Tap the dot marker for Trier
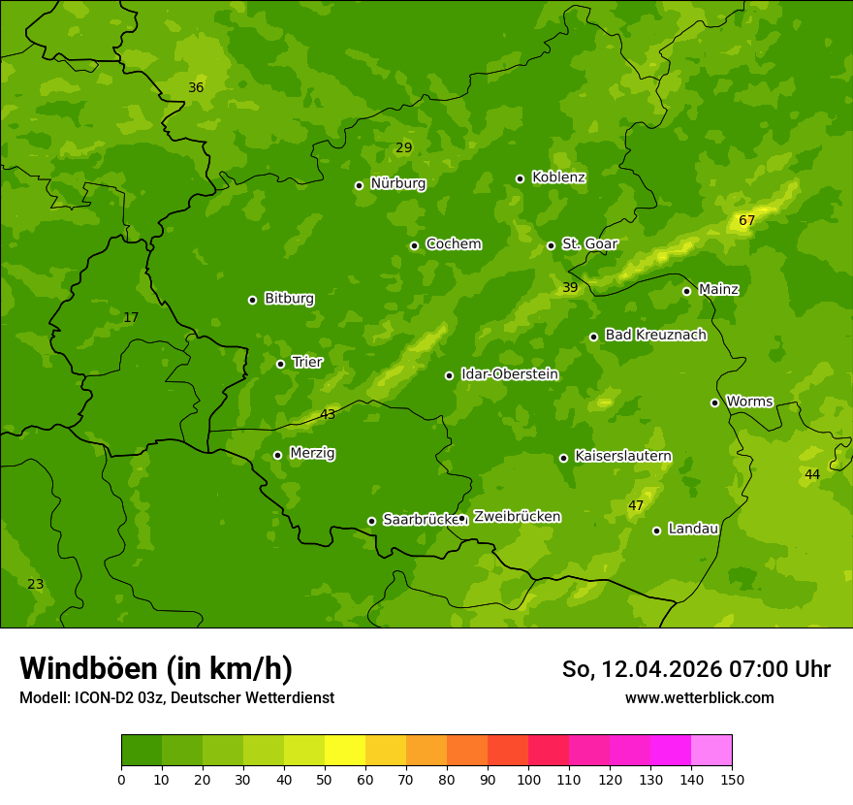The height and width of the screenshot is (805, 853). [280, 364]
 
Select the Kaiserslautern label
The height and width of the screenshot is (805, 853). [622, 456]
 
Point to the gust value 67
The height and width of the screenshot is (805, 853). [746, 220]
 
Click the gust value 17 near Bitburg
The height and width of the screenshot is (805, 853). [131, 317]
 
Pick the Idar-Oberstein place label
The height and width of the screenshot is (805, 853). [509, 374]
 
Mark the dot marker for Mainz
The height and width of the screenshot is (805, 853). [686, 291]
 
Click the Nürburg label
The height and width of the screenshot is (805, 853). [397, 183]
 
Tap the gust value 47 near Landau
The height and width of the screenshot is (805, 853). [636, 505]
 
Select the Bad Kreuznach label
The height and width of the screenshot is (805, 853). [655, 335]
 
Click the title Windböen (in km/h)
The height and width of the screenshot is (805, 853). [156, 668]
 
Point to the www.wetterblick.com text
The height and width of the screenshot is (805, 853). [699, 697]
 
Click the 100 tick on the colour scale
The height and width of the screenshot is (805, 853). [528, 779]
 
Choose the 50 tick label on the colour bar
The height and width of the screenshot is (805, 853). [325, 779]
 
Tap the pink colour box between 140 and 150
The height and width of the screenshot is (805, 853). [711, 751]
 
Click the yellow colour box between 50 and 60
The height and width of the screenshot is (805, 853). [345, 751]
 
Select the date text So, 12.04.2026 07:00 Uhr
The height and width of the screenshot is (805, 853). [696, 669]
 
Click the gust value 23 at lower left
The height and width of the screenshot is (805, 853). [35, 584]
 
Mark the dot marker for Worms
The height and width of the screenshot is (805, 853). [714, 402]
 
